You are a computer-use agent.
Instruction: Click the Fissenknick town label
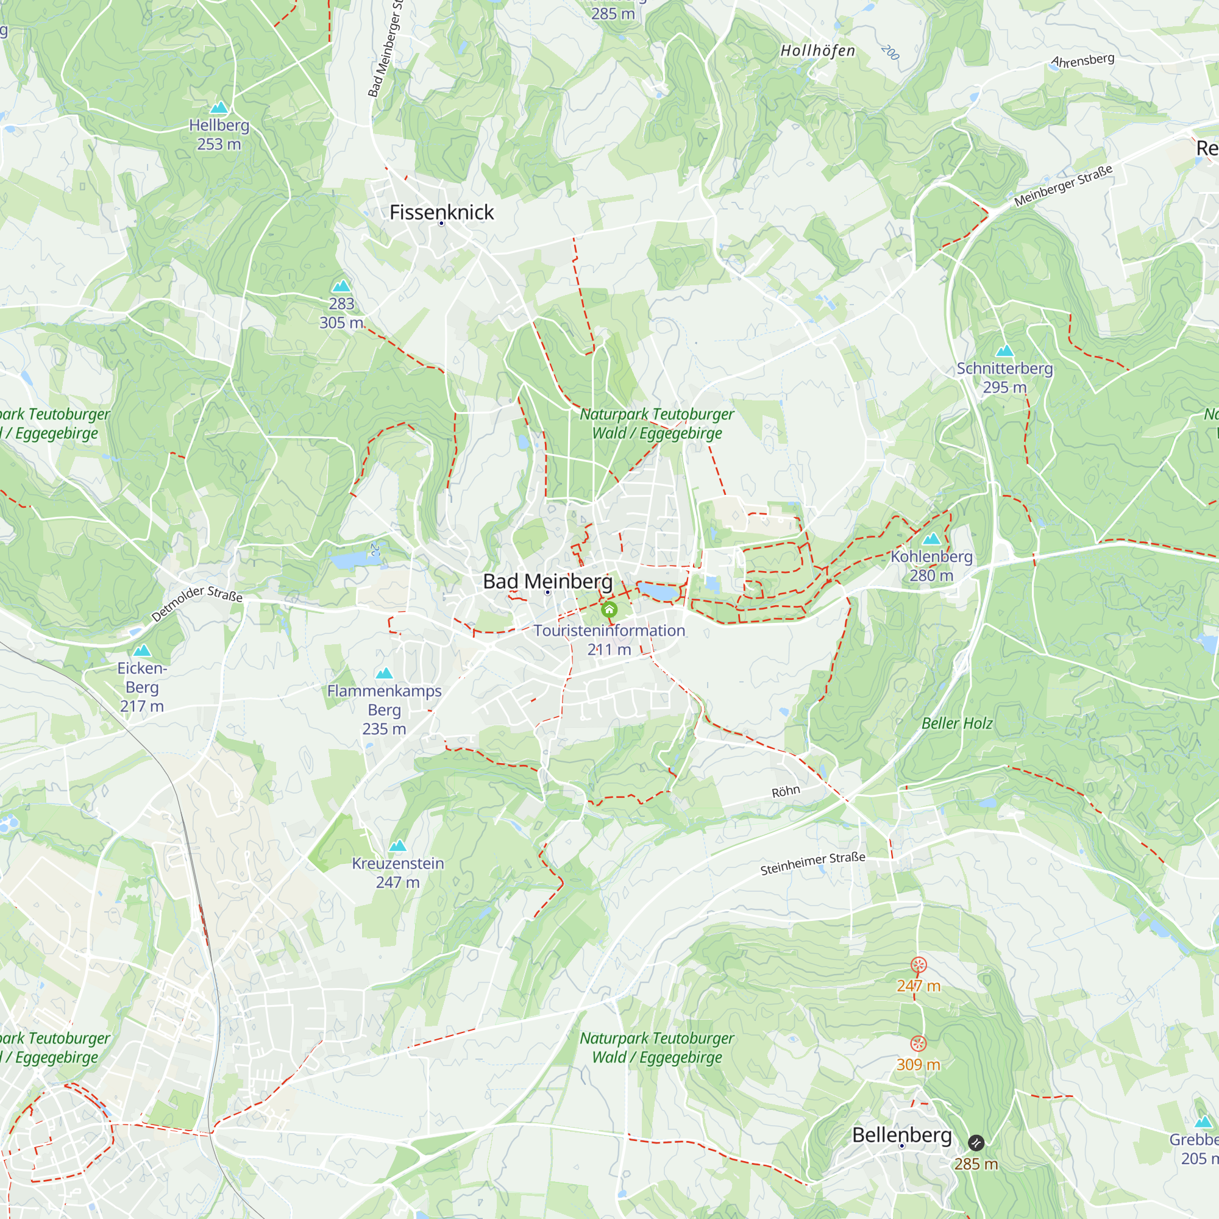point(441,212)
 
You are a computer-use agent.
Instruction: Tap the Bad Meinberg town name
point(547,581)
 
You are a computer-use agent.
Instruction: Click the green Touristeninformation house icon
point(609,609)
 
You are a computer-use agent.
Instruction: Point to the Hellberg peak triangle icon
point(219,107)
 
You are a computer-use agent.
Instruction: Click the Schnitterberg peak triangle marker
point(1004,351)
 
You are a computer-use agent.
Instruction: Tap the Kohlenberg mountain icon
point(931,539)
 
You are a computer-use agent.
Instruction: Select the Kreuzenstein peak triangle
point(397,845)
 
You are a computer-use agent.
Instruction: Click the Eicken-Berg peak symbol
point(142,650)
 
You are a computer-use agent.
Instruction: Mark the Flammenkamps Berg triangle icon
point(383,673)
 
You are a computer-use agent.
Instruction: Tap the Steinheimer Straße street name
point(812,864)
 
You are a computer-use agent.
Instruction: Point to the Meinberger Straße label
point(1063,185)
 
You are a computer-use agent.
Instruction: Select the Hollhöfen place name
point(818,51)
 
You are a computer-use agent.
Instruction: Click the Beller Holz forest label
point(956,723)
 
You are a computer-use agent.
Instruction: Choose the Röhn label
point(786,791)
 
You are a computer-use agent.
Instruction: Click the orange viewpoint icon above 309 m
point(918,1043)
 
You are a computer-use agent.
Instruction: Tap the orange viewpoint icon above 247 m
point(918,964)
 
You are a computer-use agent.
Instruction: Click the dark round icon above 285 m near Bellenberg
point(975,1143)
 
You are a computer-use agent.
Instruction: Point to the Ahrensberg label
point(1082,60)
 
